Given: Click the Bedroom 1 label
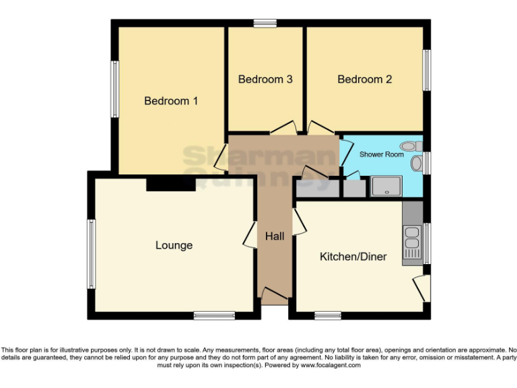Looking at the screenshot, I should pyautogui.click(x=171, y=101).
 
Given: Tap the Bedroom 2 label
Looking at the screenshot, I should pyautogui.click(x=364, y=79).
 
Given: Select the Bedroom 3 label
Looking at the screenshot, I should pyautogui.click(x=265, y=79).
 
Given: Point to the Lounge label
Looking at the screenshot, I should pyautogui.click(x=174, y=245).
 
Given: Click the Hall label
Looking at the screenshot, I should pyautogui.click(x=275, y=236).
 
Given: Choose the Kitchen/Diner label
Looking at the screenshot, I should pyautogui.click(x=353, y=257).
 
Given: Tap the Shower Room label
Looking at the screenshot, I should pyautogui.click(x=381, y=154).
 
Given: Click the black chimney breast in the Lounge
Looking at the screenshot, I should pyautogui.click(x=171, y=183).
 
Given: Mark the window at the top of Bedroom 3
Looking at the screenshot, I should pyautogui.click(x=265, y=24).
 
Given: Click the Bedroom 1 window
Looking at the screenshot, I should pyautogui.click(x=115, y=89).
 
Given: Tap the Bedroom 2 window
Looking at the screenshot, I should pyautogui.click(x=426, y=70).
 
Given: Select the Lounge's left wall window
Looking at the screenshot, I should pyautogui.click(x=91, y=254).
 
